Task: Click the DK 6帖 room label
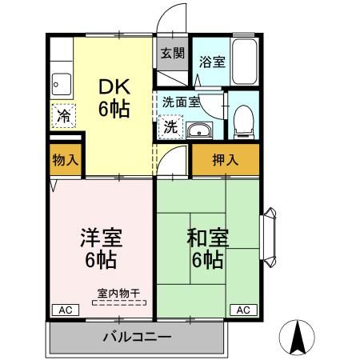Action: coord(114,98)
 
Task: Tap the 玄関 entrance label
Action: coord(172,54)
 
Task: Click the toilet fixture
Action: coord(243,119)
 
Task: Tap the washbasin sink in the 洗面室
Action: coord(199,131)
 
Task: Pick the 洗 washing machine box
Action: coord(171,126)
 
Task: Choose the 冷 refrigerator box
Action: coord(63,115)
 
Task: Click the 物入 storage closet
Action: coord(65,159)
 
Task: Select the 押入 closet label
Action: coord(225,159)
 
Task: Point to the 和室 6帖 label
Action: coord(206,247)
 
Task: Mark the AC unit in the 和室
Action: coord(244,309)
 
